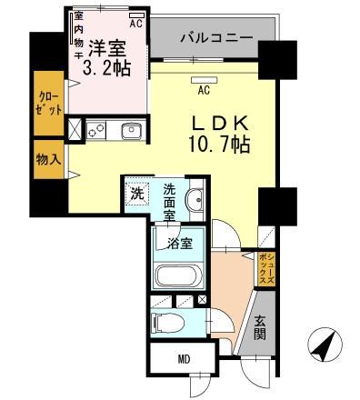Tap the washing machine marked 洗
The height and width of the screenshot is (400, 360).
[136, 194]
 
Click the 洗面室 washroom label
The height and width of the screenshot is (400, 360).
[170, 197]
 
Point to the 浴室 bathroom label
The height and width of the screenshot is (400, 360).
[179, 243]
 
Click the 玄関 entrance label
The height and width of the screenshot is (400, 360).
[261, 325]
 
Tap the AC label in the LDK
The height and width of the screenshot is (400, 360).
[203, 90]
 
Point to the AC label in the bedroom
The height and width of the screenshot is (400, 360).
[136, 25]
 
